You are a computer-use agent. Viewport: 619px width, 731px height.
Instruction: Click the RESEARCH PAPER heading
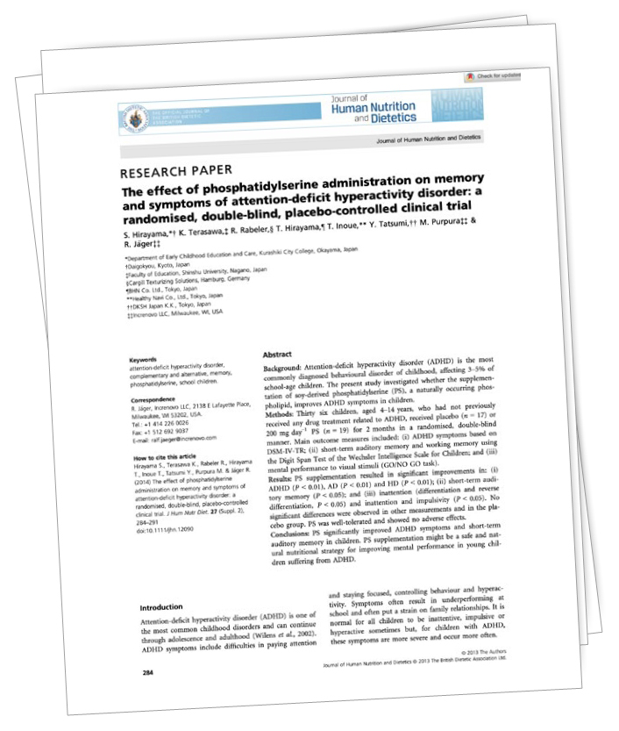pyautogui.click(x=176, y=170)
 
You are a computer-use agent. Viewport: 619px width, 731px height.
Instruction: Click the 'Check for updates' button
pyautogui.click(x=496, y=76)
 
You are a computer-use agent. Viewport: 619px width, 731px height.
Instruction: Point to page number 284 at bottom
pyautogui.click(x=149, y=672)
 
